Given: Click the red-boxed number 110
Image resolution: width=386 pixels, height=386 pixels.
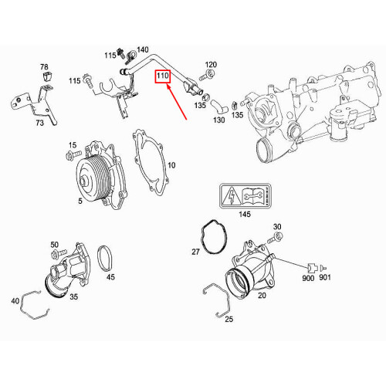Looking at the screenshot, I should (x=163, y=77).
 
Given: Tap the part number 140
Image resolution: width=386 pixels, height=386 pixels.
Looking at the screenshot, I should (x=142, y=50).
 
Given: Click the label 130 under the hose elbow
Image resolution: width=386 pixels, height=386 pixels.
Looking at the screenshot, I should (x=218, y=120).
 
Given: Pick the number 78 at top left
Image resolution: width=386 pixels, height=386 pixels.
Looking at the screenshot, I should (x=44, y=67).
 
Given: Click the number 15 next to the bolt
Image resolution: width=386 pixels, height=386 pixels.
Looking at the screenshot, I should (x=72, y=146).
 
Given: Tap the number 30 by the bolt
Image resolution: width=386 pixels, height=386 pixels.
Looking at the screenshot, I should (x=278, y=227).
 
